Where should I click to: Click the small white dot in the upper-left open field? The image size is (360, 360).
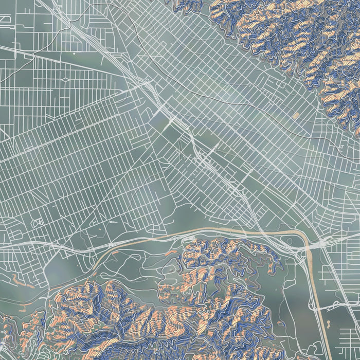tap(74, 53)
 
